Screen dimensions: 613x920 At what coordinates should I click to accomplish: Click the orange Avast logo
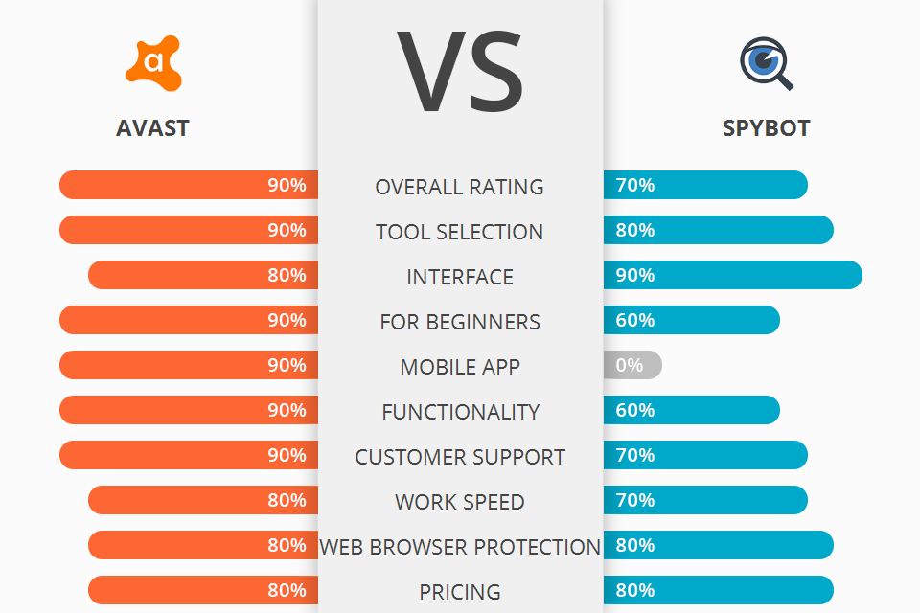pos(152,63)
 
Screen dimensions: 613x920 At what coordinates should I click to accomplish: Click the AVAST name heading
pos(152,128)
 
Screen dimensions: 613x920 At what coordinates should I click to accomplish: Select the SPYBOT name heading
pos(767,128)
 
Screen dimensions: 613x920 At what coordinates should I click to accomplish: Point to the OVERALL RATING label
pos(460,187)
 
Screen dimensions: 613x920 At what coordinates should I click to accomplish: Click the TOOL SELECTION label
pos(460,232)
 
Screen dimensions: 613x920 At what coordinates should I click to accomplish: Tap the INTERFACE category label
pos(460,277)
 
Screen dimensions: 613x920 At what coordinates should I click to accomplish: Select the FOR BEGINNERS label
pos(460,322)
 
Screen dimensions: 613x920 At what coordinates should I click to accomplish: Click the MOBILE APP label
pos(460,367)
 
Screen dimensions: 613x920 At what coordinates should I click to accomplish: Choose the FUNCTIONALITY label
pos(460,412)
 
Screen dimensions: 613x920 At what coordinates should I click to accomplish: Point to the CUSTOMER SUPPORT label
pos(460,457)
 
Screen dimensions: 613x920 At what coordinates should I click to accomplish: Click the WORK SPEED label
pos(460,502)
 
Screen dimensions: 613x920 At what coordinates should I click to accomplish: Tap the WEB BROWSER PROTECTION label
pos(460,547)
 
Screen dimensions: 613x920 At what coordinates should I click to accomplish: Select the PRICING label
pos(460,592)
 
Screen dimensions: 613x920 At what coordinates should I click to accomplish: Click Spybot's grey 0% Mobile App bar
pos(633,365)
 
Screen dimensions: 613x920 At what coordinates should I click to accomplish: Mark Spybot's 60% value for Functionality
pos(635,410)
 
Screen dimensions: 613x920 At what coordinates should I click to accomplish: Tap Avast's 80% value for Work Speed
pos(287,500)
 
